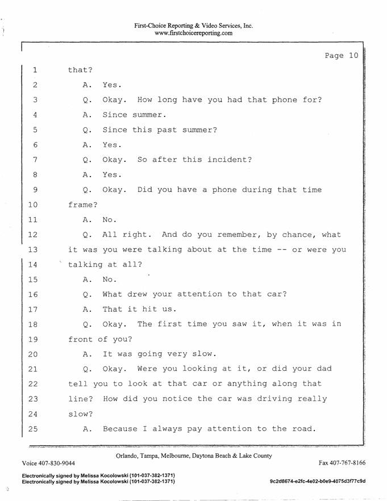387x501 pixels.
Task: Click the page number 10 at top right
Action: (x=353, y=56)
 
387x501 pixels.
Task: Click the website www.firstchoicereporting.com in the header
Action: (x=193, y=33)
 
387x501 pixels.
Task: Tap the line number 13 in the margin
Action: (x=32, y=249)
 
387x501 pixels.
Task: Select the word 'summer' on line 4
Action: (x=149, y=115)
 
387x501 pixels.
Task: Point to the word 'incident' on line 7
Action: (x=230, y=160)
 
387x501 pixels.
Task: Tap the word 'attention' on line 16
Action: (x=199, y=294)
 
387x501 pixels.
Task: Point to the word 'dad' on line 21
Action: (x=324, y=369)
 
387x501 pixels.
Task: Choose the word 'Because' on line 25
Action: (x=120, y=428)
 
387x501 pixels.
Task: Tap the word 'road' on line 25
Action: (x=304, y=428)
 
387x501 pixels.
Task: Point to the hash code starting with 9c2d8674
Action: (x=318, y=481)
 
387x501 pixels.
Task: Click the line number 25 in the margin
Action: (x=32, y=429)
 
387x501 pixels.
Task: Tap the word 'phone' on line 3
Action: (x=284, y=100)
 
